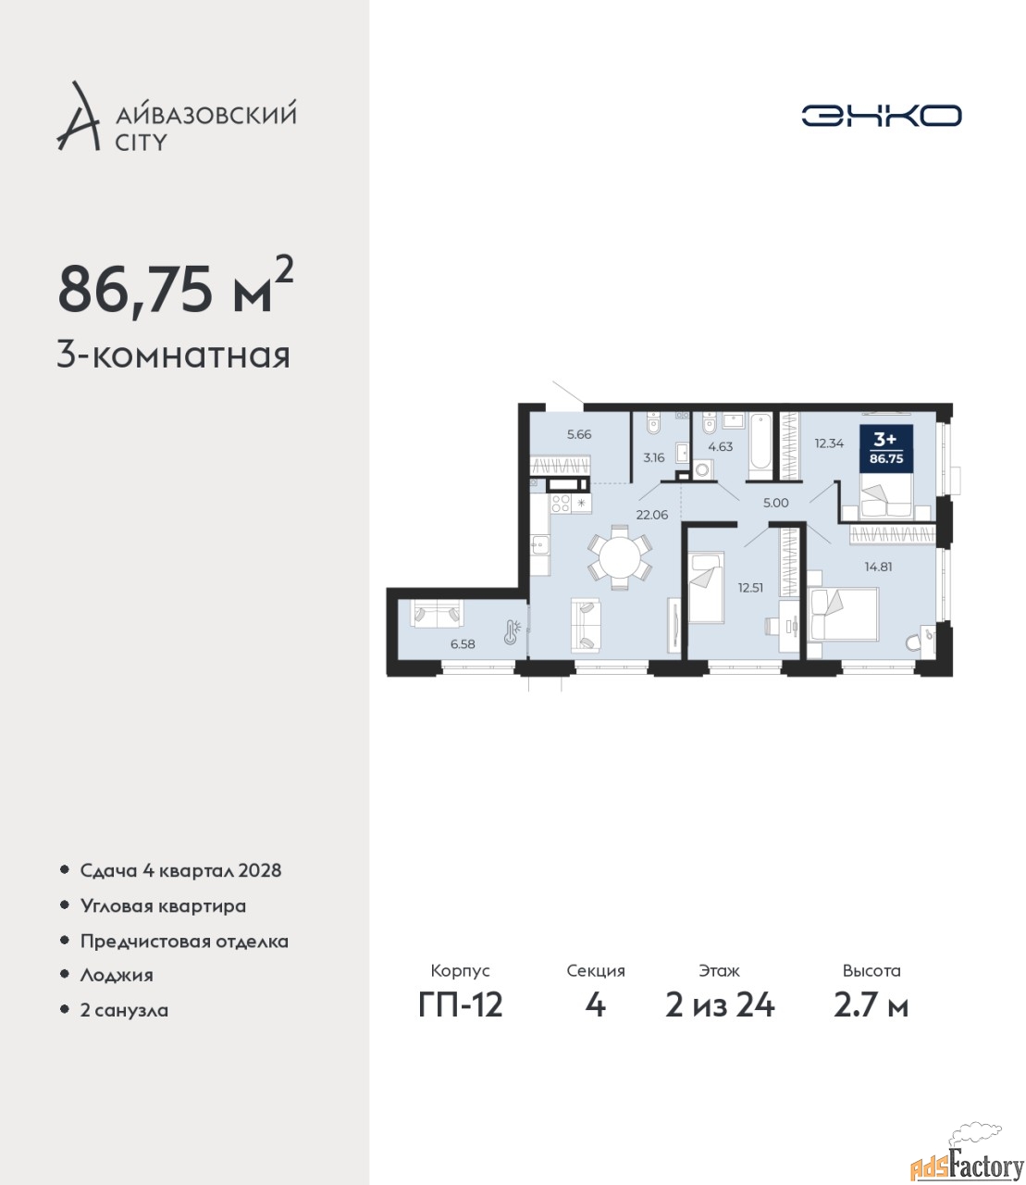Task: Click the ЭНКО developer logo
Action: (x=881, y=115)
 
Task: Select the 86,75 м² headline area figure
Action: (x=176, y=287)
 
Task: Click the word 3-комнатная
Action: (x=174, y=356)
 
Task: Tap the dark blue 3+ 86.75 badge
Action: (x=886, y=448)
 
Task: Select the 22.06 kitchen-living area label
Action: (x=652, y=514)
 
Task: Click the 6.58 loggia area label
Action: (x=463, y=643)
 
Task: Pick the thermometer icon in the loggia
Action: (x=512, y=632)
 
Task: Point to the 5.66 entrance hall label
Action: (x=579, y=434)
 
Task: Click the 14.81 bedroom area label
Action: (x=878, y=567)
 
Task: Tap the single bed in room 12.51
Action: (x=707, y=587)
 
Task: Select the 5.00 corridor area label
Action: (x=775, y=503)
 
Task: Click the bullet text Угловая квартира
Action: (x=163, y=906)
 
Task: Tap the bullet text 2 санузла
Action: (x=124, y=1010)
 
